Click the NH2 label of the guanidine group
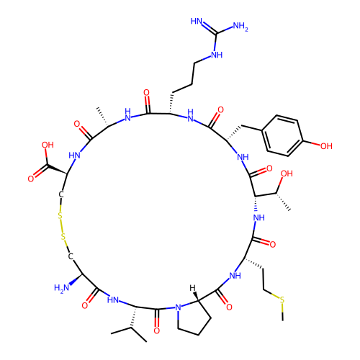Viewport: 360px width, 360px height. (240, 26)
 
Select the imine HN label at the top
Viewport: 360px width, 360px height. (197, 21)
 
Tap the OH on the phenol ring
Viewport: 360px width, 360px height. (326, 146)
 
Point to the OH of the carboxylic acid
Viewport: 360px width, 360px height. (48, 145)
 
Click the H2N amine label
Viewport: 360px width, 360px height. (61, 288)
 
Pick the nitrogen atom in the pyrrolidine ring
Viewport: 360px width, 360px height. (178, 307)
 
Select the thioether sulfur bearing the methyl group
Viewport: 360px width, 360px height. (282, 300)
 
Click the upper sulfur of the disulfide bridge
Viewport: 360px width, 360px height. (60, 216)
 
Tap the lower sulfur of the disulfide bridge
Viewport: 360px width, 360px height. (63, 237)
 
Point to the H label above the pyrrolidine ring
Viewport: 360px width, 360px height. (192, 288)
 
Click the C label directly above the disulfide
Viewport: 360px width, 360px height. (61, 194)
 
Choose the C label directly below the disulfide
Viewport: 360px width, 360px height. (71, 256)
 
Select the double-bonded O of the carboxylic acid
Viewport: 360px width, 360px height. (31, 179)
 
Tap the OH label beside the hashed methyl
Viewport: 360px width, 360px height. (287, 174)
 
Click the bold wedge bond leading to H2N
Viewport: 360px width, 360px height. (76, 279)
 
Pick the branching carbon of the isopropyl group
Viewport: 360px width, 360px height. (131, 327)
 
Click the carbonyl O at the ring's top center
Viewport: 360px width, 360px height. (146, 93)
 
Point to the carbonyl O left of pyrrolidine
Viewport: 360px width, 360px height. (157, 330)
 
